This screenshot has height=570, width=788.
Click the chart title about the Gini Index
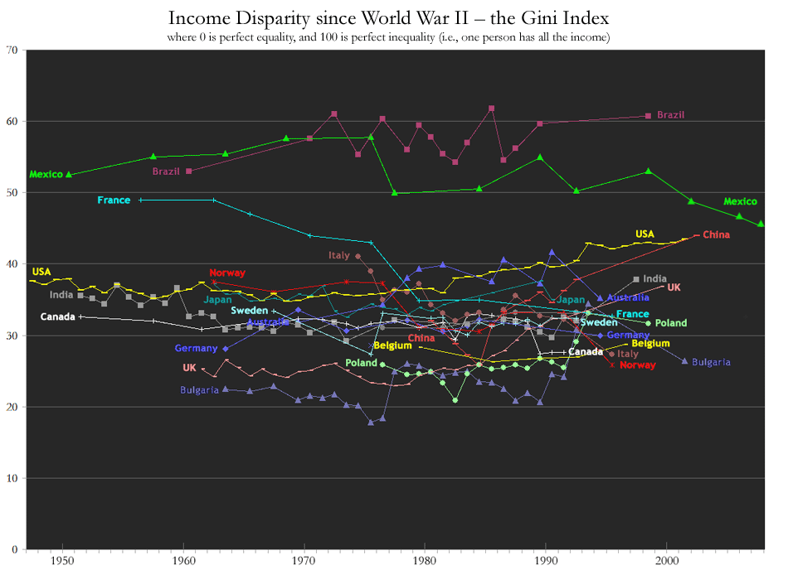[x=389, y=17]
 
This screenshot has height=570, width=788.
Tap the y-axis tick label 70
[x=12, y=51]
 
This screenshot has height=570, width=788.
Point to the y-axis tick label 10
[x=12, y=479]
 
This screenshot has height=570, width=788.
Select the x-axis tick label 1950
[x=62, y=561]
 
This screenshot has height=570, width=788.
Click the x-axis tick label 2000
[x=667, y=561]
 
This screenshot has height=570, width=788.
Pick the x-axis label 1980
[x=425, y=561]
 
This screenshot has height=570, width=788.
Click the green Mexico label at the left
[x=46, y=175]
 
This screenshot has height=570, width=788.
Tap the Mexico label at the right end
[x=740, y=201]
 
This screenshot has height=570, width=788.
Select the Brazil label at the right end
[x=671, y=115]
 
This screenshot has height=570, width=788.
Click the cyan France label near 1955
[x=114, y=200]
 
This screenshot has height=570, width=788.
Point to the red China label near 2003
[x=716, y=234]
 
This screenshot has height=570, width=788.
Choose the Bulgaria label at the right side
[x=711, y=362]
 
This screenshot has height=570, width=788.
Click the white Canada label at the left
[x=57, y=317]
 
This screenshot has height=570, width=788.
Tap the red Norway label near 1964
[x=227, y=273]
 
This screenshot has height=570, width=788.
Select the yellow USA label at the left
[x=41, y=272]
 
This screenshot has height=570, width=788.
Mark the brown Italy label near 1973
[x=339, y=256]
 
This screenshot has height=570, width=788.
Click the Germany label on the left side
[x=196, y=349]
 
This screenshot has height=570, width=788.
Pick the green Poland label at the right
[x=671, y=323]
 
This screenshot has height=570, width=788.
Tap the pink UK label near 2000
[x=674, y=287]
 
